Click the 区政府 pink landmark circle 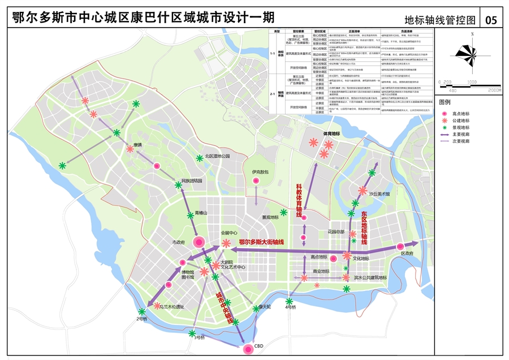coord(400,246)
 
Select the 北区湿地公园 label coord(218,156)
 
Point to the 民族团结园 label coord(192,181)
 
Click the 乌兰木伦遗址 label coord(171,307)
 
